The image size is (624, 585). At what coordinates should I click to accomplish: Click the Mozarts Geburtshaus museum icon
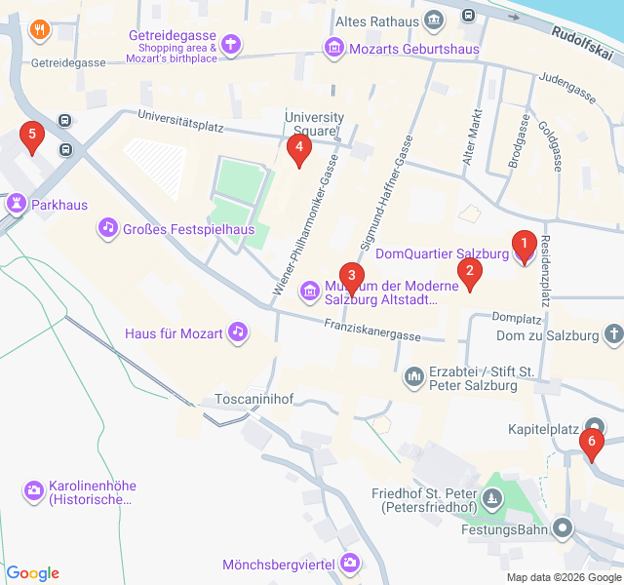pos(334,47)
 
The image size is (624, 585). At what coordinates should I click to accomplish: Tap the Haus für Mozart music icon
pos(237,332)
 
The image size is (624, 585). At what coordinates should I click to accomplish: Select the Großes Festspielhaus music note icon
pos(106,228)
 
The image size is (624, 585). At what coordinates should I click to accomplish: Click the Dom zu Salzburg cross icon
pos(613,335)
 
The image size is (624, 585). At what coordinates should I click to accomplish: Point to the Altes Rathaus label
pos(375,20)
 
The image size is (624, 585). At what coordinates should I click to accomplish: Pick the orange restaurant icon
pos(39,29)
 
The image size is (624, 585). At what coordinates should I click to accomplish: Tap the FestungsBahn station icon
pos(563,529)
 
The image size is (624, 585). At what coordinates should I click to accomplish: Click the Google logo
pos(32,573)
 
